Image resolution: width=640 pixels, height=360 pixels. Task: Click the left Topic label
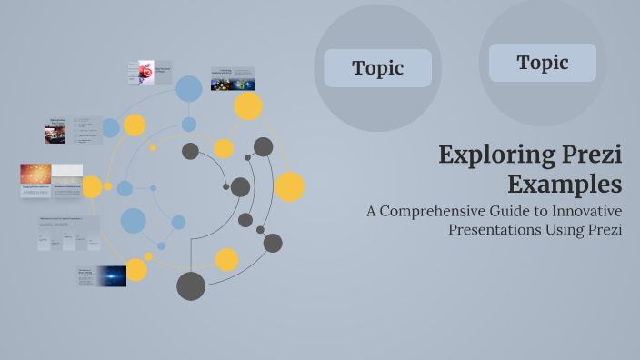click(x=377, y=68)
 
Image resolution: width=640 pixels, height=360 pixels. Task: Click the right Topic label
click(x=543, y=63)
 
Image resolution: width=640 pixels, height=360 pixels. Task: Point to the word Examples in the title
click(x=565, y=185)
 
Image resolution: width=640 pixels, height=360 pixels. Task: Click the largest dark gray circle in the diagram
click(x=191, y=285)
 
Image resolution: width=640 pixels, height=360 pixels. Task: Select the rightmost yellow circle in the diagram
click(x=290, y=186)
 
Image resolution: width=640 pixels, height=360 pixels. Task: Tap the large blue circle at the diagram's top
click(x=188, y=88)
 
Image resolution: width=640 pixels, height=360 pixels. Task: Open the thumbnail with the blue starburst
click(x=113, y=275)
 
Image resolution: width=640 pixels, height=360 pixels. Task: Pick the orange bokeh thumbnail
click(x=35, y=175)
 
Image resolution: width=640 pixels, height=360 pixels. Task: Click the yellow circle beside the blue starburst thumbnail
click(x=136, y=270)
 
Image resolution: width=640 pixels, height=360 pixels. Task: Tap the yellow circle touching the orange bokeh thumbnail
click(x=92, y=187)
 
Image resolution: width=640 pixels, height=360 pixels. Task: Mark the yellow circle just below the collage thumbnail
click(x=248, y=106)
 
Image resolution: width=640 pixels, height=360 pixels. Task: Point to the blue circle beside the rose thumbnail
click(x=188, y=88)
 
